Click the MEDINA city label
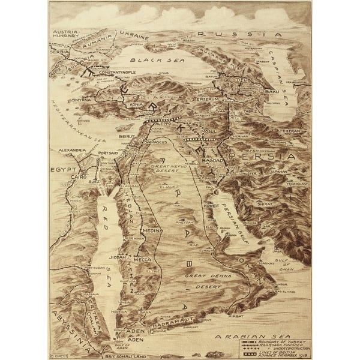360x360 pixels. pos(152,229)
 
